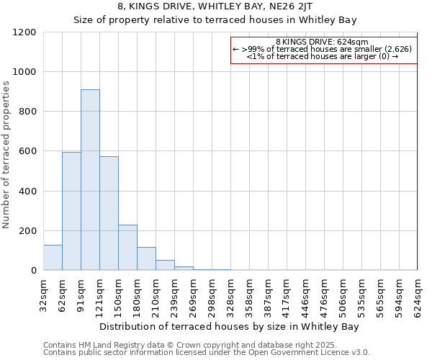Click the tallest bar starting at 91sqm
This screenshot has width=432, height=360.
[90, 180]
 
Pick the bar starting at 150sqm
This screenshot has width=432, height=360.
[127, 248]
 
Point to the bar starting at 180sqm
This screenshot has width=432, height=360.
[146, 258]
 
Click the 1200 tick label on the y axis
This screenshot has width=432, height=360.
[24, 32]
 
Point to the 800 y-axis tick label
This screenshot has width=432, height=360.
[27, 112]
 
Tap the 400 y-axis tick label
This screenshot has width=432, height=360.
[27, 191]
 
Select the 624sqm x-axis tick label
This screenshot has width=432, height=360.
[418, 293]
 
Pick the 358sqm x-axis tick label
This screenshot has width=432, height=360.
[249, 293]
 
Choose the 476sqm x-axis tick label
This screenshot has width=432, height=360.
[324, 293]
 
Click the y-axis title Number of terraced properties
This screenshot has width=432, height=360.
[6, 155]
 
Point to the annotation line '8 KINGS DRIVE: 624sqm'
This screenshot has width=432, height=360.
[322, 42]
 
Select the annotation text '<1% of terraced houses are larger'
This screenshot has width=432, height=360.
[317, 56]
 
